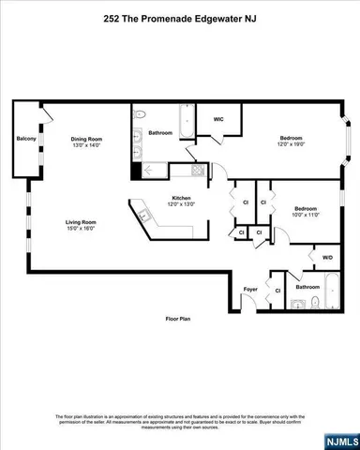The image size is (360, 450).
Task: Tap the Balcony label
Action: click(26, 140)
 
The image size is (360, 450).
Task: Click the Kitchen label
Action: click(181, 197)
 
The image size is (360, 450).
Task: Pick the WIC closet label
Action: click(217, 119)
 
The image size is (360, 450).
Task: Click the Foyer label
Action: click(250, 289)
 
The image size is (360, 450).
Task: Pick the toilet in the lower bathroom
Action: click(315, 302)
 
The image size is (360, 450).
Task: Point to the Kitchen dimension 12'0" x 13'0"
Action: click(181, 204)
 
